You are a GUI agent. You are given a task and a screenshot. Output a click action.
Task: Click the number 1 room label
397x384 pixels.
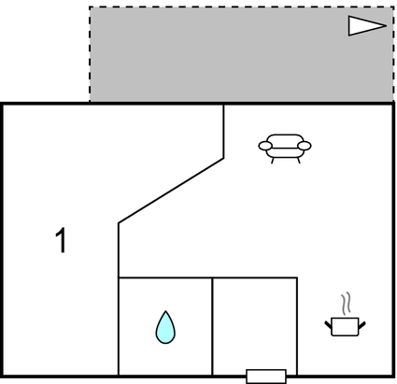[62, 240]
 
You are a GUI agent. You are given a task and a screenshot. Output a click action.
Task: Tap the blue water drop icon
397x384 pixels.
[165, 328]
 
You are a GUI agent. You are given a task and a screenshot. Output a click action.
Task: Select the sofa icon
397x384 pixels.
[285, 149]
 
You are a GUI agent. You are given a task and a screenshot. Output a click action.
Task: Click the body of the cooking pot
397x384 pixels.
[345, 327]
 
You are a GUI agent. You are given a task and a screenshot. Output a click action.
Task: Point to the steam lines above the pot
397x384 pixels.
[346, 303]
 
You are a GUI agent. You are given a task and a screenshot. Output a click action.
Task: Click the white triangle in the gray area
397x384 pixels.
[367, 26]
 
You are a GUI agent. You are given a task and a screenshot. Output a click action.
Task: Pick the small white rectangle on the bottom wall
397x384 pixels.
[266, 377]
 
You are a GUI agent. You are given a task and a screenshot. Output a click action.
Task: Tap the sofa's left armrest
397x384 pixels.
[265, 146]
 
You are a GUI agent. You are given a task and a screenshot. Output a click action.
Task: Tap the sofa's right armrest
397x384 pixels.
[305, 146]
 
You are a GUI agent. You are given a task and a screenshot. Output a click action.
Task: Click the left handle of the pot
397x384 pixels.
[328, 324]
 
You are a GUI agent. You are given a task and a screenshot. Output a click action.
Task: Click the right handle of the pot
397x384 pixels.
[362, 324]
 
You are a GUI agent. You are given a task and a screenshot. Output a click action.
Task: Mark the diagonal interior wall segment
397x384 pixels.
[171, 191]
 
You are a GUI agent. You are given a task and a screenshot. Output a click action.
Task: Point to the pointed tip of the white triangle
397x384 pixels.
[387, 26]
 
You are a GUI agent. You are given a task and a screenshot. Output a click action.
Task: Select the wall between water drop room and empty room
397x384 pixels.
[212, 326]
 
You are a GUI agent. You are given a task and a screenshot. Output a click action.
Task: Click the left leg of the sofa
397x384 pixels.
[273, 161]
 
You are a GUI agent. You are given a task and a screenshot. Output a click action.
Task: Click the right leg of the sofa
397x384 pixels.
[299, 161]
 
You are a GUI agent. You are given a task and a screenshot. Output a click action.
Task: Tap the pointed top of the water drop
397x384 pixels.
[165, 311]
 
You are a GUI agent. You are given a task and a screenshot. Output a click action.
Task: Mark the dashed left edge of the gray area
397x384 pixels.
[90, 54]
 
